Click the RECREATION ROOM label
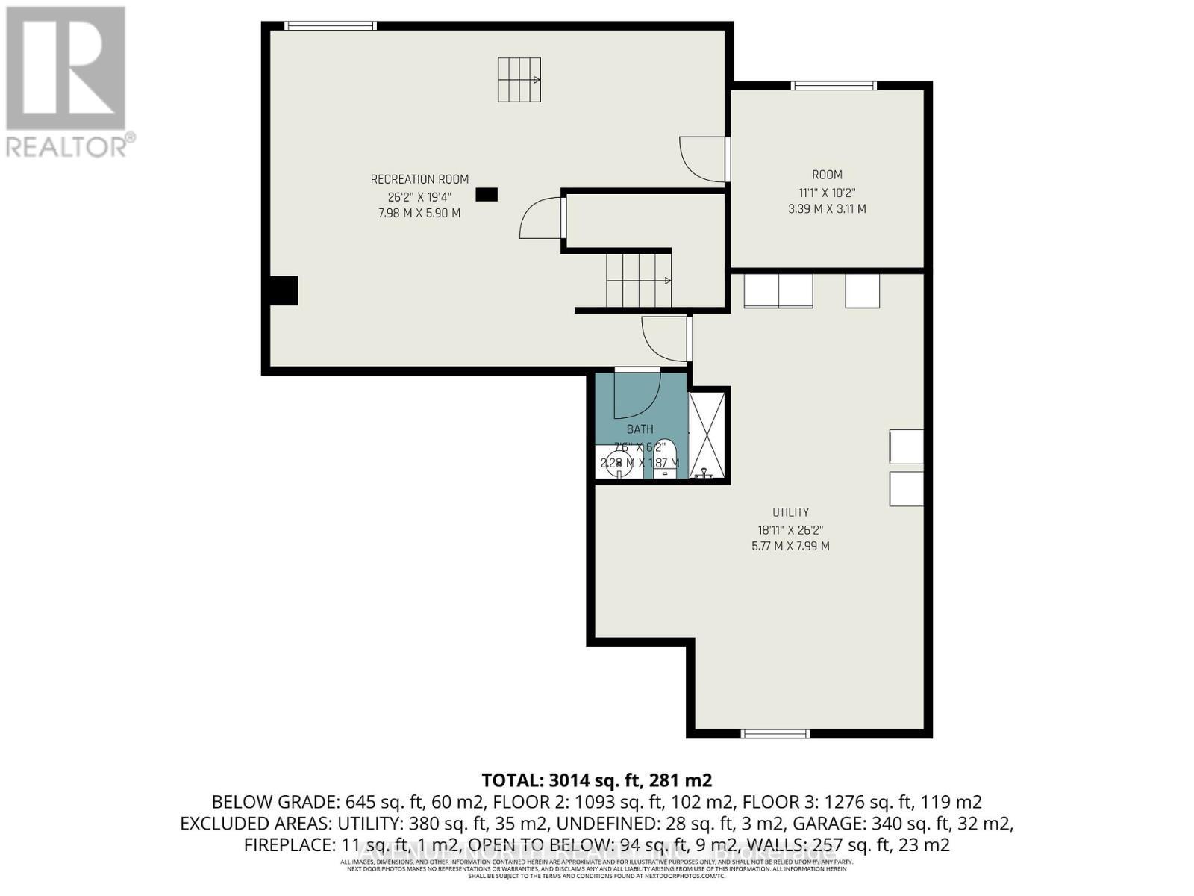419,179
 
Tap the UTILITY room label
790,512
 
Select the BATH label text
640,429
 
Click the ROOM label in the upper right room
827,175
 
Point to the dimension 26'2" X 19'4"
419,196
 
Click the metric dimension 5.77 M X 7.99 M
790,546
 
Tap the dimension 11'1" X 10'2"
827,192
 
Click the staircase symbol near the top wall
519,79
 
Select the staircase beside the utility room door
638,280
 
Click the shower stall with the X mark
707,435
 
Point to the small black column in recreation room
487,194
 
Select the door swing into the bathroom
636,394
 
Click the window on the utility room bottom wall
775,734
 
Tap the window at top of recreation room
331,26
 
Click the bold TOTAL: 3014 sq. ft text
596,780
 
